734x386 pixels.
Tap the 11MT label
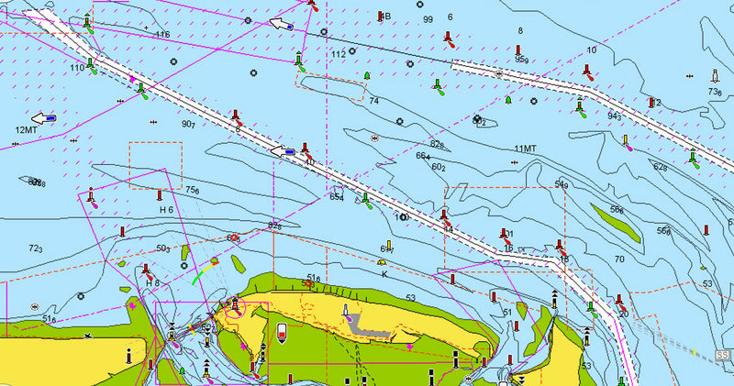[525, 149]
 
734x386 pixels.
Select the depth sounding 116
[162, 35]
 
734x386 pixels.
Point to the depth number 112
[338, 54]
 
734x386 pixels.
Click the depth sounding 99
[428, 19]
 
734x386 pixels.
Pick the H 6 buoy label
[166, 210]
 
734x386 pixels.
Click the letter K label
[384, 274]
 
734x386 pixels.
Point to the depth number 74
[374, 101]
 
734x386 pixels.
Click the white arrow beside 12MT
[41, 118]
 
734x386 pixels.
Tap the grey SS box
[722, 354]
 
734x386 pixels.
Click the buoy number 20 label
[623, 314]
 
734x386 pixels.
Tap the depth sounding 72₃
[36, 249]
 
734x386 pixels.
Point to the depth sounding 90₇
[187, 124]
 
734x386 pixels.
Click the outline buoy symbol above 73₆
[715, 76]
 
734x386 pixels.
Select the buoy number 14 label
[447, 228]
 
